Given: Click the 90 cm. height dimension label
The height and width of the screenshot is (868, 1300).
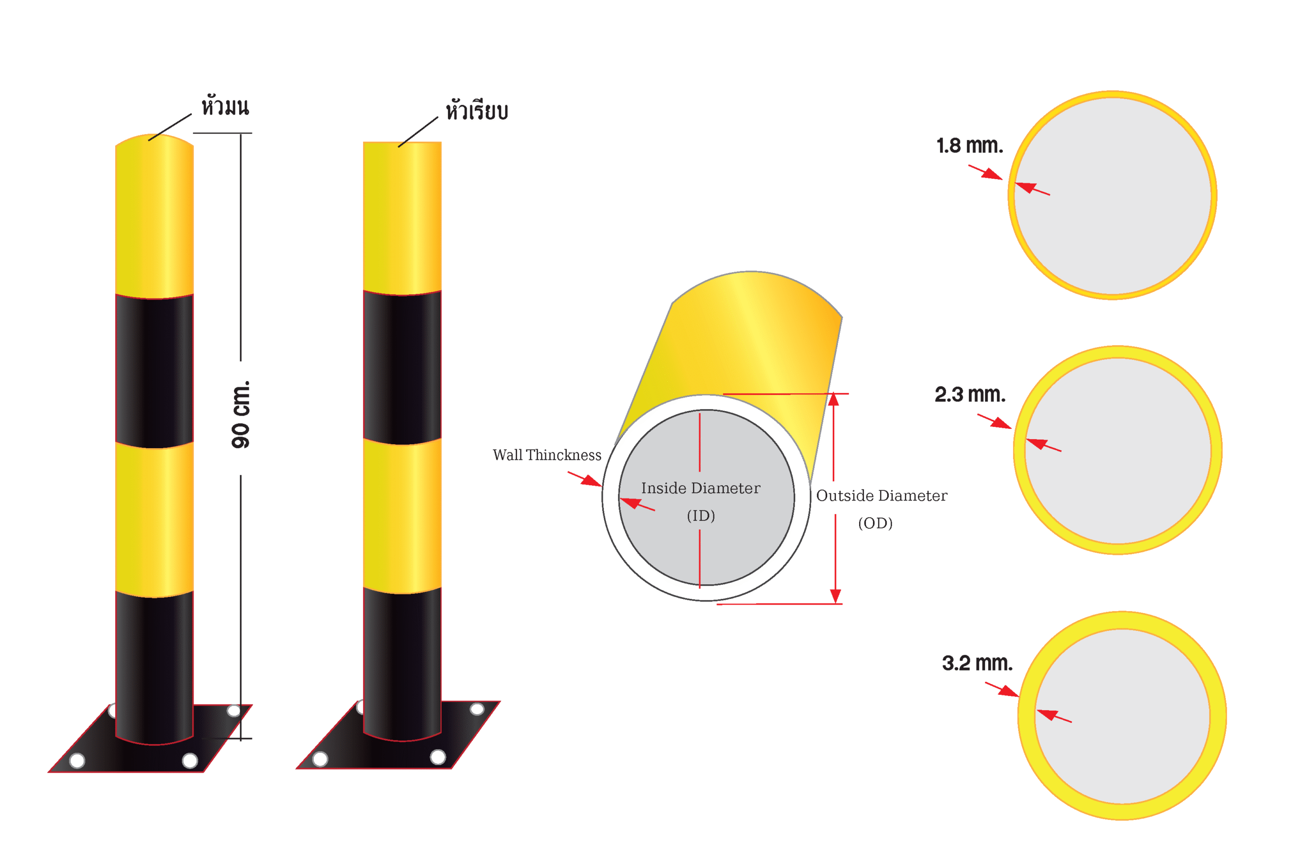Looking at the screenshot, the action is [241, 414].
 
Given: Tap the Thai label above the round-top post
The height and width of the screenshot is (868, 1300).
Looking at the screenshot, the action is [225, 106].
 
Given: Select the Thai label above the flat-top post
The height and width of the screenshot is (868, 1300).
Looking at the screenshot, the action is [477, 110].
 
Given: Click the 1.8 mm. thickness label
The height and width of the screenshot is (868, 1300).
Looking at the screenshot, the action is [969, 146].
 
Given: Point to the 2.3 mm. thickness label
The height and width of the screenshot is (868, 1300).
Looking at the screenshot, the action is [970, 394].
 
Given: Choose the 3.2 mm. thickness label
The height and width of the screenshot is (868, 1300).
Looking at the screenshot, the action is [977, 662].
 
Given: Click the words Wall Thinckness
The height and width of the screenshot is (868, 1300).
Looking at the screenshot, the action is [547, 454].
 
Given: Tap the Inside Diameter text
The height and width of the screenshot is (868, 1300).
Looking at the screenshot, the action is [700, 488].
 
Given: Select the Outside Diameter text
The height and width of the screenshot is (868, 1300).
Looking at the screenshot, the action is [882, 495].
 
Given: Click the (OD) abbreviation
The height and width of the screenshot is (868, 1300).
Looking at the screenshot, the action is [875, 523].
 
